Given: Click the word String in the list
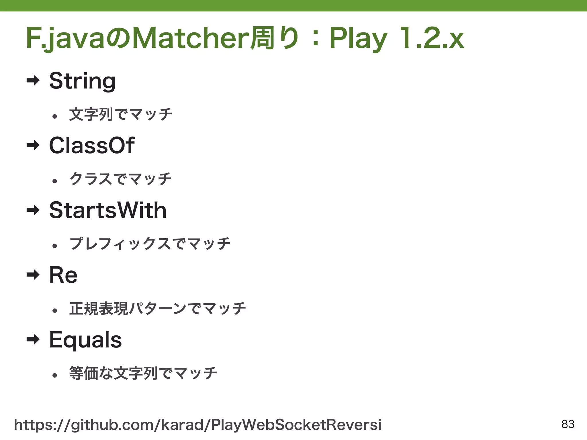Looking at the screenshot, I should (x=82, y=81).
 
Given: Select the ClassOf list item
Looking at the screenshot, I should (x=92, y=146).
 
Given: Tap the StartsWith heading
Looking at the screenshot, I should (x=108, y=210).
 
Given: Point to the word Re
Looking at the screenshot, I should (x=63, y=275).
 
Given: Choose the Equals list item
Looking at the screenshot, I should (x=85, y=340).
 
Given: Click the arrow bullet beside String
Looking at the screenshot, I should (x=33, y=81).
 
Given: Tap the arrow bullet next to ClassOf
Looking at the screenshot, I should (x=33, y=146).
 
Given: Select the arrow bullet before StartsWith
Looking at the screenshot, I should (x=33, y=210).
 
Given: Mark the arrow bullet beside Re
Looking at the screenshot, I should (x=33, y=275).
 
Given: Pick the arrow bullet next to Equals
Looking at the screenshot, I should (x=33, y=340).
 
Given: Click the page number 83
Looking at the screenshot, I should (x=568, y=424).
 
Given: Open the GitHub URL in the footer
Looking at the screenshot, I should (x=198, y=425).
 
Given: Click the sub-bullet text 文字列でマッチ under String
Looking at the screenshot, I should (x=121, y=115).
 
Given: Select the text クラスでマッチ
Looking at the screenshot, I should (x=121, y=179).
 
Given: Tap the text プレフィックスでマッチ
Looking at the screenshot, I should (x=150, y=244).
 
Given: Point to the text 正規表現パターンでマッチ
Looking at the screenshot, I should (x=158, y=309).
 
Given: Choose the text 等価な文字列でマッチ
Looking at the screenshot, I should (x=143, y=373).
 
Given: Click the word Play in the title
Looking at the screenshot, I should (x=358, y=39).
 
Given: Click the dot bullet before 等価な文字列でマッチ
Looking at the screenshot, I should (x=55, y=375).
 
